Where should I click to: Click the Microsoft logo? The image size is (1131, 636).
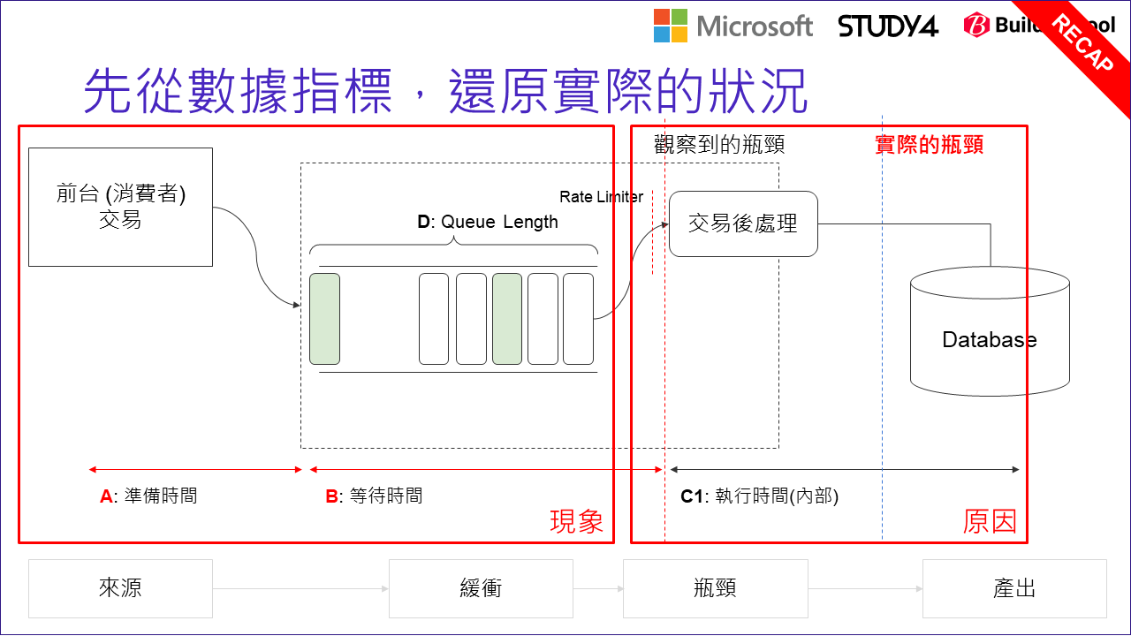[x=732, y=26]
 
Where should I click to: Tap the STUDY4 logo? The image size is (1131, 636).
[x=887, y=26]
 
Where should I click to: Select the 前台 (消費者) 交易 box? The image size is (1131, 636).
[x=120, y=207]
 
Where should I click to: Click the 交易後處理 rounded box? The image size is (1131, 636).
[x=743, y=224]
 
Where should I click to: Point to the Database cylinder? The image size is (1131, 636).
[x=990, y=336]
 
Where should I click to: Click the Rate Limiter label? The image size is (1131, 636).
[x=601, y=197]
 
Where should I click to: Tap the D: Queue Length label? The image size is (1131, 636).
[x=488, y=222]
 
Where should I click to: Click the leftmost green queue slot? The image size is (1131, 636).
[x=324, y=319]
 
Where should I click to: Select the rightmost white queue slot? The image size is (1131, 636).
[x=578, y=319]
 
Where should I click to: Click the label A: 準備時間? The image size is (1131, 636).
[x=148, y=496]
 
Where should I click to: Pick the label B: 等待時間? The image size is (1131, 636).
[x=374, y=496]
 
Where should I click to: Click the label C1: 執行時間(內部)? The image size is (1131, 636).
[x=759, y=496]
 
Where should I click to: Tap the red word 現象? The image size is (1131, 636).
[x=576, y=521]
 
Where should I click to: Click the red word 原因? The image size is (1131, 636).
[x=990, y=521]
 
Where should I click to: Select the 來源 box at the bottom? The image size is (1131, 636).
[x=120, y=588]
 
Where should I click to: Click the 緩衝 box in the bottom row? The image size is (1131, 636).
[x=481, y=588]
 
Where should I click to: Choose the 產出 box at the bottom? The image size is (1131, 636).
[x=1014, y=588]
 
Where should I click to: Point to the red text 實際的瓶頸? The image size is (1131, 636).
[x=929, y=145]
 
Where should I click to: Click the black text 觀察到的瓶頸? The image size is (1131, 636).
[x=719, y=145]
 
